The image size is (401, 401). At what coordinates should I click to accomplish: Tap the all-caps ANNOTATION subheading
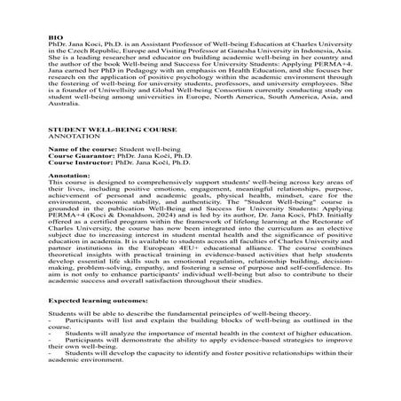tap(71, 137)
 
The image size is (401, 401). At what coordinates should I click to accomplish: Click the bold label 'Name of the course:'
tap(80, 153)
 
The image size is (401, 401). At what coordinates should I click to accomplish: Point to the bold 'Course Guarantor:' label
tap(77, 161)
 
